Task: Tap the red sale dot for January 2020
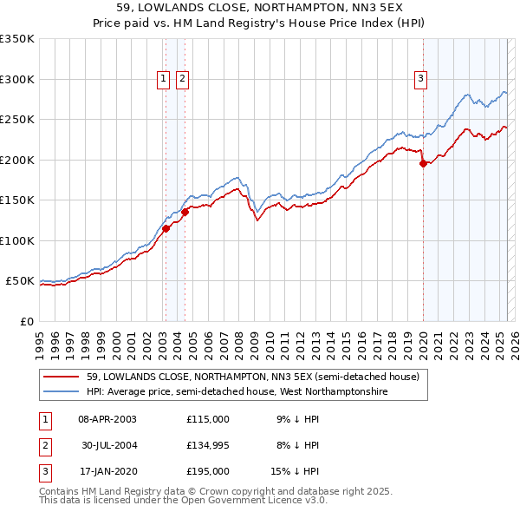pyautogui.click(x=423, y=163)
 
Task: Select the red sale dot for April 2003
pyautogui.click(x=166, y=228)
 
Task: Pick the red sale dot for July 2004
pyautogui.click(x=185, y=212)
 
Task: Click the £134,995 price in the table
pyautogui.click(x=208, y=445)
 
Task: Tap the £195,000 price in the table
pyautogui.click(x=208, y=472)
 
